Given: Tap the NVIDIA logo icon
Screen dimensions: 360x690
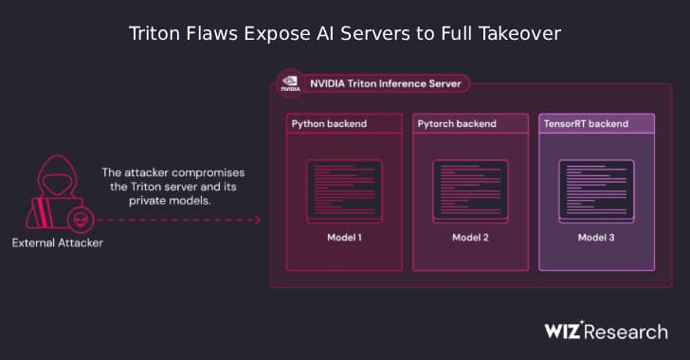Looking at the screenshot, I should [289, 83].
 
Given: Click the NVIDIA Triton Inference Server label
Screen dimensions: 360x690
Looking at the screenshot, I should [385, 83].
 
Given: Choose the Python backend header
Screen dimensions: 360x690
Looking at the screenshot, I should [329, 124].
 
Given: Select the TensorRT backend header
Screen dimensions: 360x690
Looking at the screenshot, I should [587, 124].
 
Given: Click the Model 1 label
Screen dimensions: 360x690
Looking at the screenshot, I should [343, 237].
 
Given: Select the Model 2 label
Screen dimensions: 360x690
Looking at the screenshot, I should [470, 237].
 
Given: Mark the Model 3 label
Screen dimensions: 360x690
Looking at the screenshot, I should [596, 237].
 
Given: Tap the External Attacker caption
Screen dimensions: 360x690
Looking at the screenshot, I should [57, 243].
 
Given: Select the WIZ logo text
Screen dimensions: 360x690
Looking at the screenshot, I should [566, 331].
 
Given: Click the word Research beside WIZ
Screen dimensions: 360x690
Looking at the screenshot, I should [629, 332].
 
